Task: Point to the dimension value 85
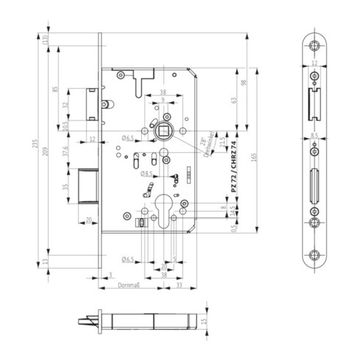[x=57, y=90]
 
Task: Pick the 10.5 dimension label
[x=65, y=127]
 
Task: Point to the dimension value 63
[x=233, y=101]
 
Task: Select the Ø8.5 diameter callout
[x=148, y=174]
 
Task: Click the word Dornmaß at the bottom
[x=129, y=284]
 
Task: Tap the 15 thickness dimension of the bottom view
[x=205, y=320]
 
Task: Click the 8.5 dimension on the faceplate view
[x=314, y=136]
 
